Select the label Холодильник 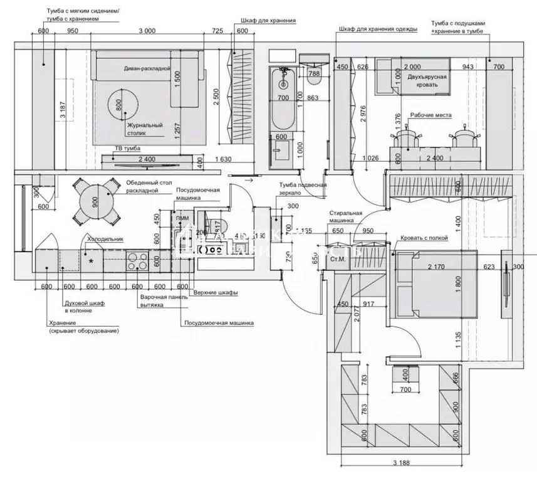click(x=105, y=239)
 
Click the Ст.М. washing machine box click(x=337, y=258)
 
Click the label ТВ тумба click(x=127, y=149)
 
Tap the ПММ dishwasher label click(x=182, y=218)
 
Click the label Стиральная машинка click(x=345, y=217)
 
